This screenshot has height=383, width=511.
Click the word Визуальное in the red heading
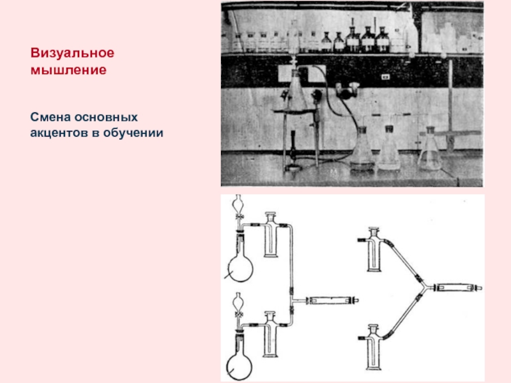pos(72,53)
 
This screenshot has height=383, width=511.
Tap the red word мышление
pos(68,70)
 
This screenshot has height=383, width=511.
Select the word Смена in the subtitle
pos(50,117)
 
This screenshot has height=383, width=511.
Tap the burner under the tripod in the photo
pos(293,151)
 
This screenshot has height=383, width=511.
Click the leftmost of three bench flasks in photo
pos(362,149)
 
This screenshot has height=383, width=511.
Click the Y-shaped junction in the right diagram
pos(425,287)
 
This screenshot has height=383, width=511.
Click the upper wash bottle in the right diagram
pos(374,250)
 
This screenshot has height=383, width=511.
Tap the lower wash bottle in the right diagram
pos(374,347)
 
